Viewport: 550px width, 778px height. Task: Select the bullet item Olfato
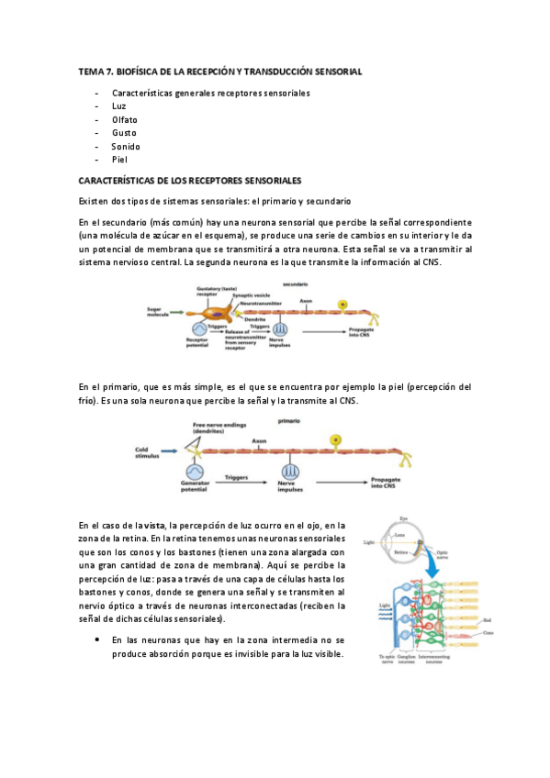click(x=125, y=120)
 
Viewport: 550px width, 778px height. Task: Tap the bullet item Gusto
click(x=124, y=133)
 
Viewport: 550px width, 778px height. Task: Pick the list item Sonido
click(x=126, y=146)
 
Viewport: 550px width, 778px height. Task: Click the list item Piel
click(x=119, y=159)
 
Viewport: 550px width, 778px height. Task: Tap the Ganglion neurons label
click(x=404, y=659)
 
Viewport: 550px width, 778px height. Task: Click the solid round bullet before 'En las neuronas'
click(x=96, y=639)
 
